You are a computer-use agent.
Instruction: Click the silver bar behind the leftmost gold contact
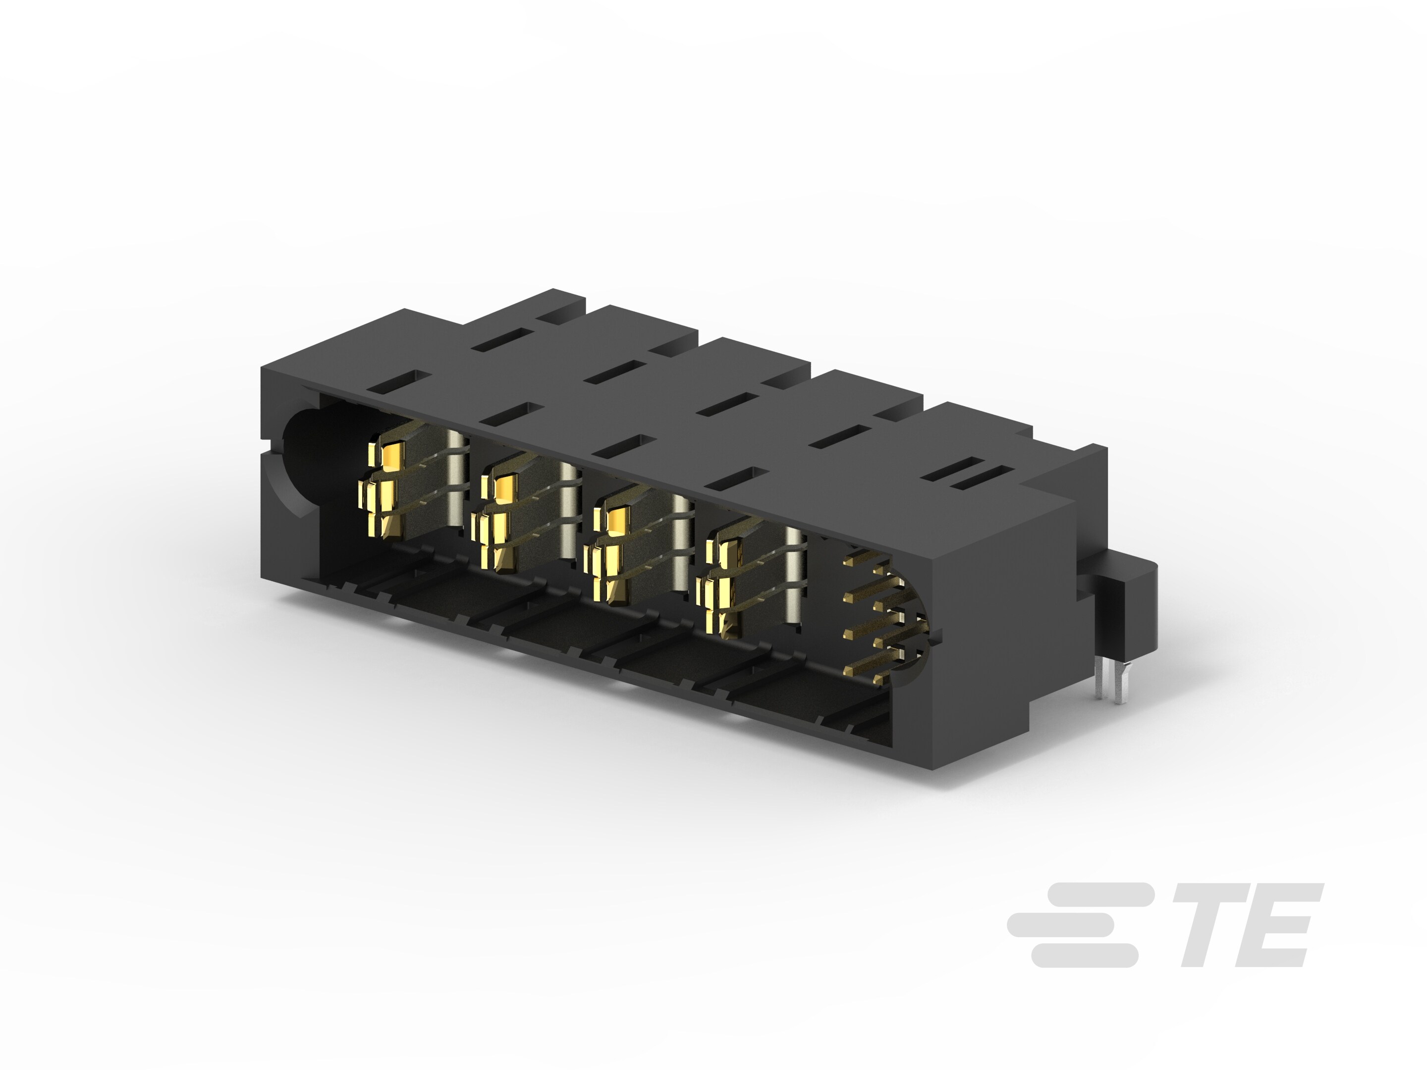coord(456,477)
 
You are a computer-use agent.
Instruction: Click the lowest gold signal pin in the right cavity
coord(868,671)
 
